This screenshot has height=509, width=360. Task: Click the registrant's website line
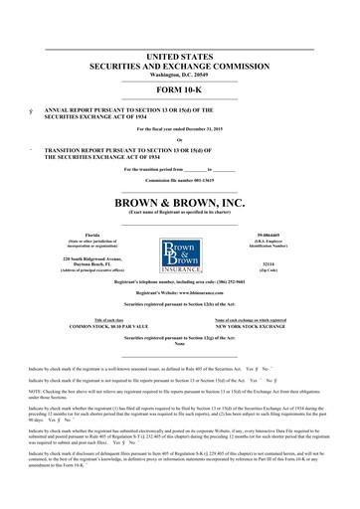point(179,295)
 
